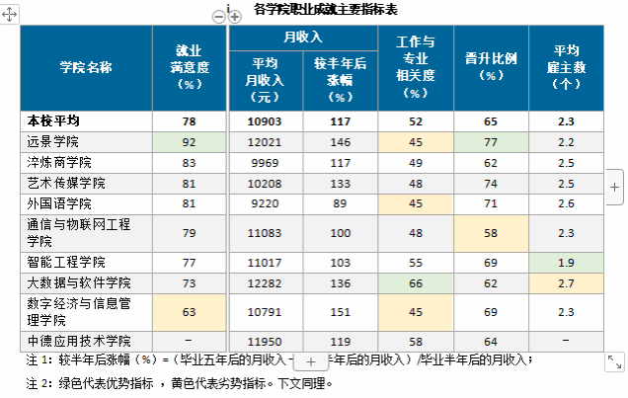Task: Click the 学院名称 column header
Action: [86, 67]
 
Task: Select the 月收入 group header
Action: [303, 38]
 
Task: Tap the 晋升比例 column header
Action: [491, 58]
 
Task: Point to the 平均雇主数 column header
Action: [566, 66]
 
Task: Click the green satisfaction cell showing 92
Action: [190, 141]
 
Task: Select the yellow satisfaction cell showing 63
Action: [190, 312]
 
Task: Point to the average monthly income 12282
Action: [265, 284]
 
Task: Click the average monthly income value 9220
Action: [265, 203]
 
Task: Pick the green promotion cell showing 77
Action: [491, 141]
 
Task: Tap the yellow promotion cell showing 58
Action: [491, 233]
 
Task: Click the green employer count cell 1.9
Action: [566, 264]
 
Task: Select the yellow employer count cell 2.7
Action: [566, 284]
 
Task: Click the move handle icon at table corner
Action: [8, 17]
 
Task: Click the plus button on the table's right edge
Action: [613, 186]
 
